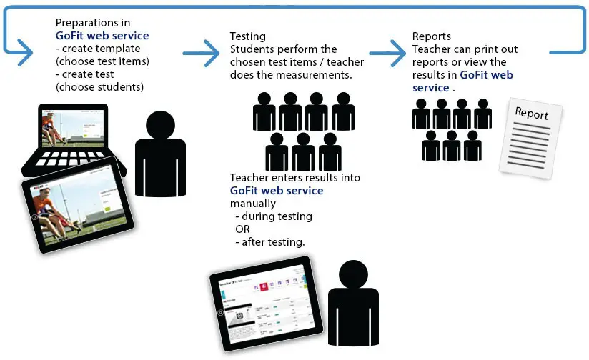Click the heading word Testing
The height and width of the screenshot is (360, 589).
tap(247, 36)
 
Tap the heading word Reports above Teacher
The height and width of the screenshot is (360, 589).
tap(432, 36)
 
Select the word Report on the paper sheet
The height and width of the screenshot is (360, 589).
tap(531, 114)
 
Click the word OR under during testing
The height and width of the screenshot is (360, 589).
tap(242, 229)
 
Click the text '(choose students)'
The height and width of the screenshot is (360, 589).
tap(100, 87)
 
